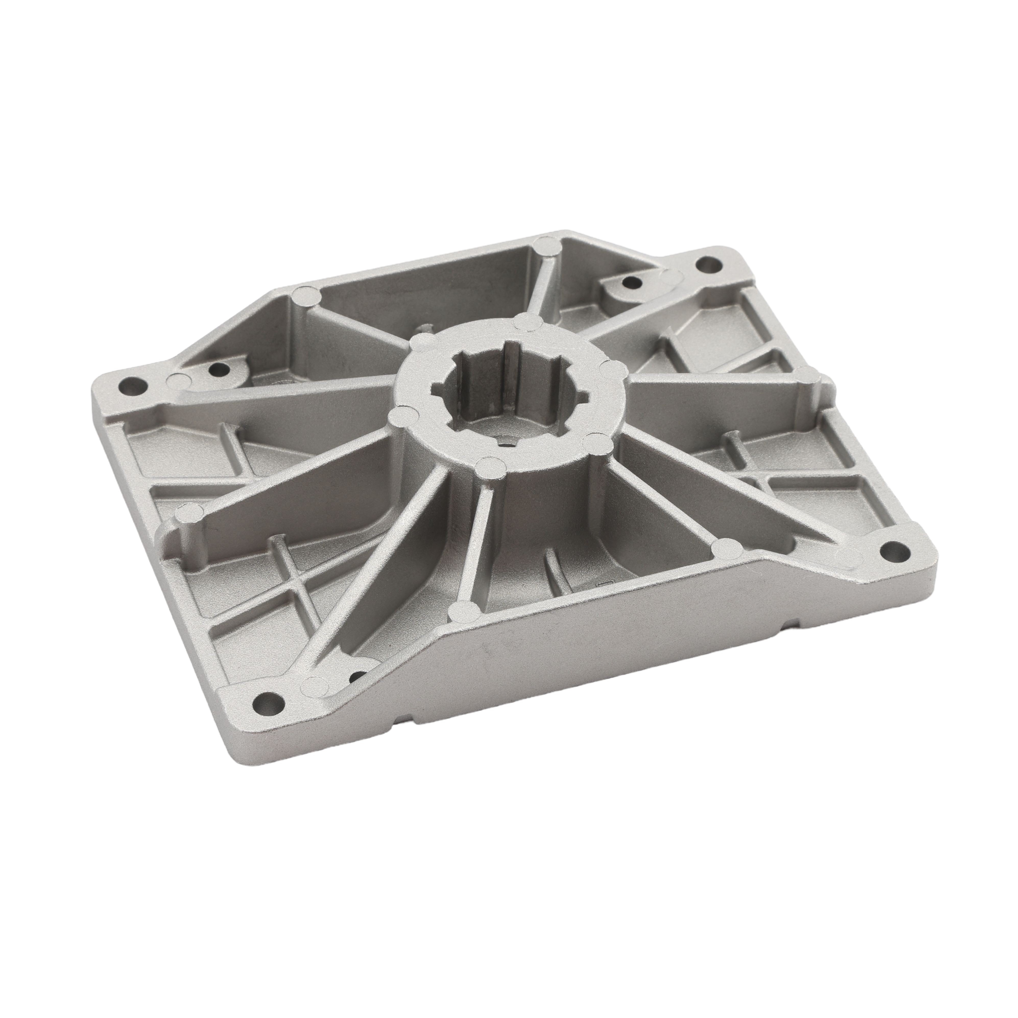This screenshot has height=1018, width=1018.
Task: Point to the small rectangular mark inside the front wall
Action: tap(602, 583)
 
